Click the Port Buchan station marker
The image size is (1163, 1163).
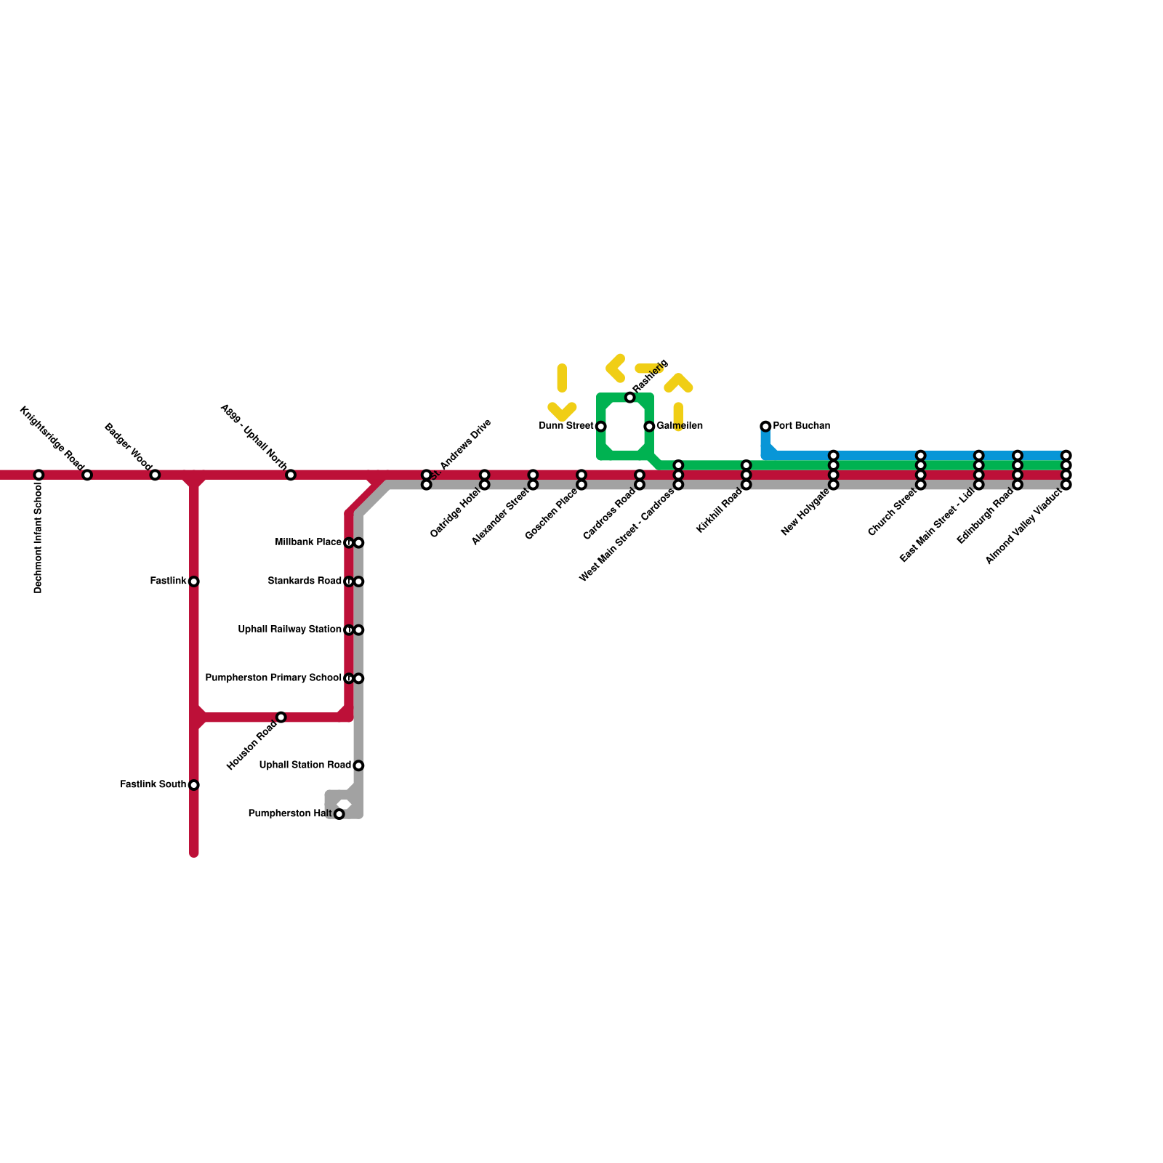click(765, 426)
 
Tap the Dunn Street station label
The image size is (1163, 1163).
click(566, 426)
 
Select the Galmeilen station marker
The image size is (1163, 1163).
click(649, 426)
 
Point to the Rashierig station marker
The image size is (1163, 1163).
click(630, 397)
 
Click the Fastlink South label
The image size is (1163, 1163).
click(153, 785)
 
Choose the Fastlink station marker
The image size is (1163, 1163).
click(194, 581)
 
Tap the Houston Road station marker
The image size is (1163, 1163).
click(281, 717)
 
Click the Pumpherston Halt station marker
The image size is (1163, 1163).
click(339, 814)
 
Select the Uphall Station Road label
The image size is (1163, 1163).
click(305, 765)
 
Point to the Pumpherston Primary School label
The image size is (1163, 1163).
click(273, 678)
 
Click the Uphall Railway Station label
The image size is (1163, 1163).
click(289, 629)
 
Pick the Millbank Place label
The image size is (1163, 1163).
click(308, 542)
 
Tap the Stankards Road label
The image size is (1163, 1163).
click(304, 581)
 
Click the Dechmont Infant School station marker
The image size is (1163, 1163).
click(39, 475)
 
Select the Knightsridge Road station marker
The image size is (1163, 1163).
click(87, 475)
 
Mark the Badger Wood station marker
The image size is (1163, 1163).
click(155, 475)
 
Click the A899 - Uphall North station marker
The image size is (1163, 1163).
click(291, 475)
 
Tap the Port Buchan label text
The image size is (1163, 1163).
click(801, 426)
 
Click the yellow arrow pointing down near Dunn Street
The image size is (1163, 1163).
click(562, 411)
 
